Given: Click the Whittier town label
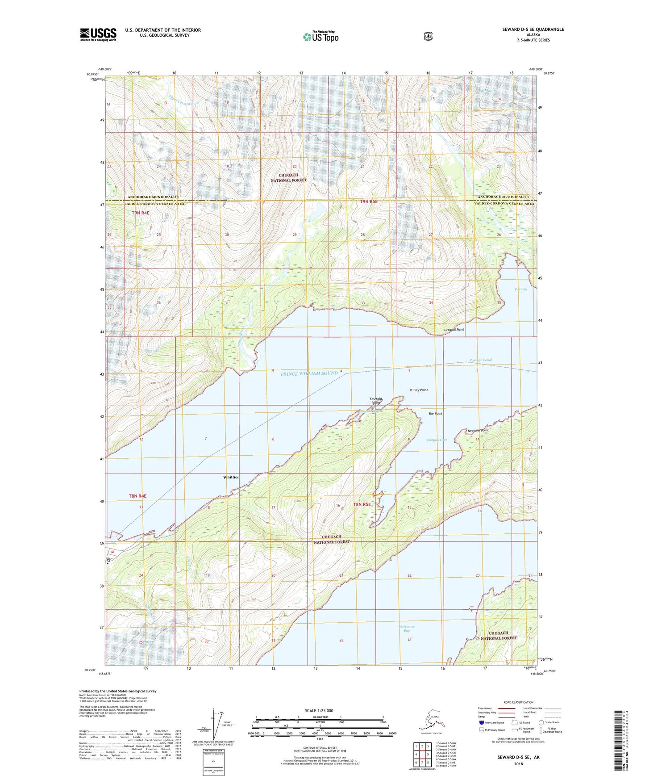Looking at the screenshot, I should (231, 477).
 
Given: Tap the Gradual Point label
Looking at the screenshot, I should (454, 330).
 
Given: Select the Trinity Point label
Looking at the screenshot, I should (418, 390).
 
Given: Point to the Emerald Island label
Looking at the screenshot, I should (376, 401).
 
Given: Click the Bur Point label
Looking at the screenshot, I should (435, 414).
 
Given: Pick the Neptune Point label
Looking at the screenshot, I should (478, 430).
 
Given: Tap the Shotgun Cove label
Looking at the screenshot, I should (436, 440).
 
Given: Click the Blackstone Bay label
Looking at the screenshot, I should (407, 629).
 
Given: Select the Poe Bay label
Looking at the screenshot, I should (520, 289).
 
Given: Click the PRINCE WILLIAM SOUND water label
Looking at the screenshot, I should (309, 373).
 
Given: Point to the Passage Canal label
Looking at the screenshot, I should (480, 360).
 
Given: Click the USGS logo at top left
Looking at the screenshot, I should (98, 34).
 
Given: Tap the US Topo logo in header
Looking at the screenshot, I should (320, 37).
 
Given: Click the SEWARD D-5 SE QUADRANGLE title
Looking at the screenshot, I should (533, 29).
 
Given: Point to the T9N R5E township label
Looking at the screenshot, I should (369, 201).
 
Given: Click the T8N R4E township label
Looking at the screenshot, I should (137, 496).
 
